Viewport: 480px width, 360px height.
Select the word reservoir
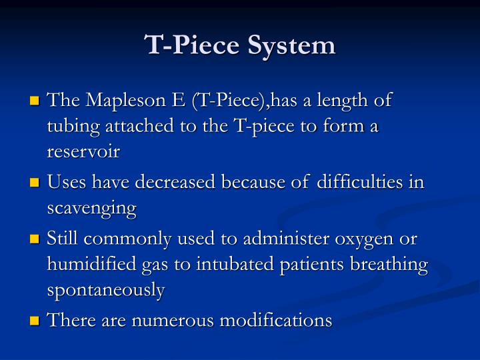[x=83, y=151]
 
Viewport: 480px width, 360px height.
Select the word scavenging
[x=91, y=208]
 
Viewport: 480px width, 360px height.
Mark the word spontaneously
[x=105, y=289]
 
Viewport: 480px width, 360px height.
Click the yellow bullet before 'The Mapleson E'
[x=35, y=102]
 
